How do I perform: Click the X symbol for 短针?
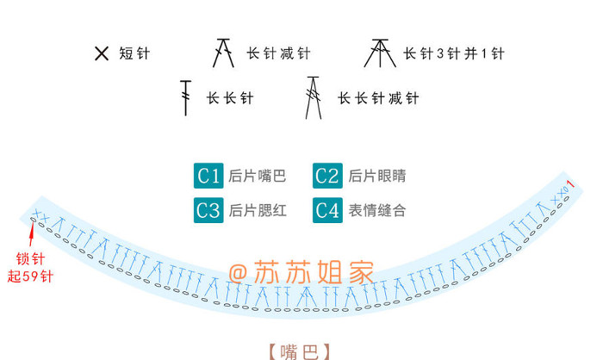102,54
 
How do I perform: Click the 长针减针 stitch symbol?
224,54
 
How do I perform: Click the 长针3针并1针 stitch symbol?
377,53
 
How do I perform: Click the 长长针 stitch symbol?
184,97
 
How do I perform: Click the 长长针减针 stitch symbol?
313,97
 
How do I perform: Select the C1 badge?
208,176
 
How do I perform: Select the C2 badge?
327,176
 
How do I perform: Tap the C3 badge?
208,209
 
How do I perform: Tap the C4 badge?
327,209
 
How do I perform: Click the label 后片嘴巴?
257,177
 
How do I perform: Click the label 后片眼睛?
376,177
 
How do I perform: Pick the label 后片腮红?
257,210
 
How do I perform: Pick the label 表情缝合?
376,210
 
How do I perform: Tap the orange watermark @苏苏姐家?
301,273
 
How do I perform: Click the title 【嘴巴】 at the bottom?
299,351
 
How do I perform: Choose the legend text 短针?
134,54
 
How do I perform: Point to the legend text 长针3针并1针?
453,54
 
